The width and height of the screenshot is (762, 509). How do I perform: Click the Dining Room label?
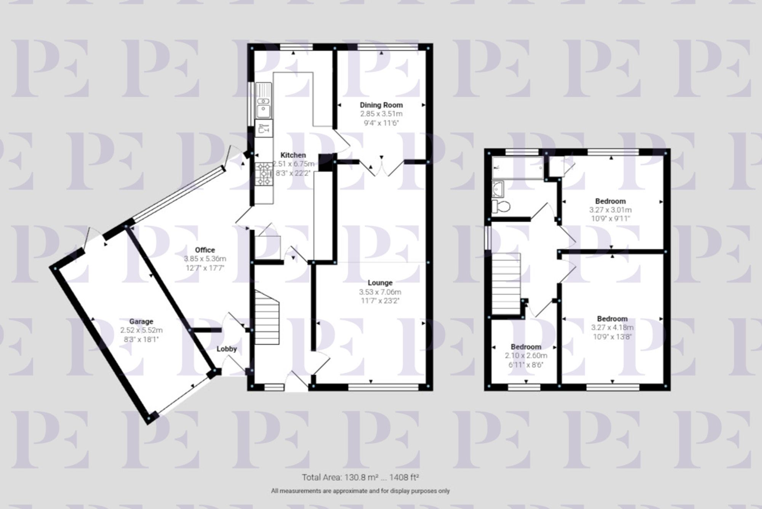point(381,105)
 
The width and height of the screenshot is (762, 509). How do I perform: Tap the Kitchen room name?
point(293,155)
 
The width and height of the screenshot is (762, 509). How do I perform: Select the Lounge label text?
point(380,283)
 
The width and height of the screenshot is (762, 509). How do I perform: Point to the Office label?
point(205,250)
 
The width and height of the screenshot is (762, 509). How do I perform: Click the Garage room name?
point(141,321)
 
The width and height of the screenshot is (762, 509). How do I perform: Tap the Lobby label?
point(227,349)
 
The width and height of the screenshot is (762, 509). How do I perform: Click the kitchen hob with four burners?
point(264,174)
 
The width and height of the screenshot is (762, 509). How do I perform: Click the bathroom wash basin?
point(498,188)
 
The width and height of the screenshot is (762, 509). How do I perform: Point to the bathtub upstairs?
point(517,168)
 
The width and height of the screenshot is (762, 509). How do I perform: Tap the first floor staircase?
point(506,283)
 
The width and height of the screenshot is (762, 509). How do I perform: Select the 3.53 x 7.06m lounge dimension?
point(380,292)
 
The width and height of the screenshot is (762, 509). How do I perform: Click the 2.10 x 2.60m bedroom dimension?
point(526,356)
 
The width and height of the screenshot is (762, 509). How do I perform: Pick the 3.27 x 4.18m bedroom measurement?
point(612,328)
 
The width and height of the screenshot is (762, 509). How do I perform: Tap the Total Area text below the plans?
point(360,477)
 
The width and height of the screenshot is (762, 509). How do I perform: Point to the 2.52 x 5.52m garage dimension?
point(141,330)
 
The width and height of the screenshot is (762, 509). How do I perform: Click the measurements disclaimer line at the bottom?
point(360,491)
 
